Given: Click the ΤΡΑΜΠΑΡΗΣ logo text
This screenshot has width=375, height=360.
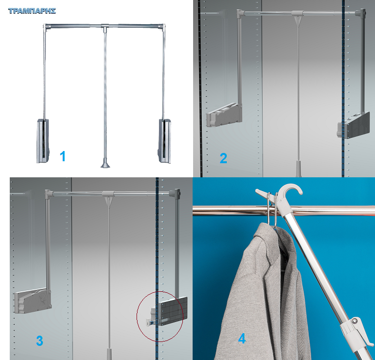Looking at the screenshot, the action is (x=32, y=11).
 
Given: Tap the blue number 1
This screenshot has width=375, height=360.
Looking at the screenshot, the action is (x=62, y=156).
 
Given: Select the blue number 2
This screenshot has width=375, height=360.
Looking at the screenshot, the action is (x=223, y=158).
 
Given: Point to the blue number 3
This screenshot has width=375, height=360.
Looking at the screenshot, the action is (x=39, y=341).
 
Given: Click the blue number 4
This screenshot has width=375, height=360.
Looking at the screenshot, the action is (x=242, y=339).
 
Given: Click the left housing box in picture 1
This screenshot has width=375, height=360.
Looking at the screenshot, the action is (x=43, y=141).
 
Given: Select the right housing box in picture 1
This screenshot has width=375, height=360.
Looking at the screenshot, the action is (x=165, y=141).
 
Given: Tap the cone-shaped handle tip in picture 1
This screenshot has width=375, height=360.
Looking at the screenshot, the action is (x=105, y=163).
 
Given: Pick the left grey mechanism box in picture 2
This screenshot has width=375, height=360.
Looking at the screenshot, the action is (x=224, y=114).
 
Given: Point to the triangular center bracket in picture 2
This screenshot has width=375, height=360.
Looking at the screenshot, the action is (x=297, y=17).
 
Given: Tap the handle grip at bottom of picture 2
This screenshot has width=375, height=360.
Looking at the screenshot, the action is (x=299, y=169).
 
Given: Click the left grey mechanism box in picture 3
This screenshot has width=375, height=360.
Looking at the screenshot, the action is (x=33, y=300).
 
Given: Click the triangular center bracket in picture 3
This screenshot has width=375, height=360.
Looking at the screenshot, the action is (x=109, y=197).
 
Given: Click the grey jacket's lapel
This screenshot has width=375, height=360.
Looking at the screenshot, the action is (x=275, y=258).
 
